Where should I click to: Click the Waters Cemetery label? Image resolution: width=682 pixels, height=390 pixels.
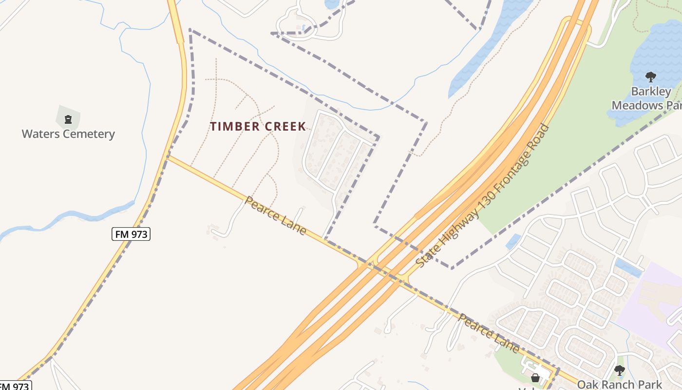[68, 134]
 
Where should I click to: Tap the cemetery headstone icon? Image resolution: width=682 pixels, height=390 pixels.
[68, 118]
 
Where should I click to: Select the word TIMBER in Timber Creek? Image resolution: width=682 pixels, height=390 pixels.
[234, 127]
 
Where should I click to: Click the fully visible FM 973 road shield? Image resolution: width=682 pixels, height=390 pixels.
[131, 234]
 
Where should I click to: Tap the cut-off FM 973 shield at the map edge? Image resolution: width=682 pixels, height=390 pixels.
[15, 386]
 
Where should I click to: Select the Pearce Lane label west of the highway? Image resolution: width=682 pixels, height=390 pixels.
[276, 215]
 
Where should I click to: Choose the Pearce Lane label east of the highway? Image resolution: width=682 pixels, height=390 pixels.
[489, 333]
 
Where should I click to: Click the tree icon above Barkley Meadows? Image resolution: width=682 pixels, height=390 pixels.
[650, 77]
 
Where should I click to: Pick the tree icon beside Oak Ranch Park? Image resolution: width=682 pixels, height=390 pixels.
[619, 370]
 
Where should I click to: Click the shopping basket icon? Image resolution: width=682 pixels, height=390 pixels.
[535, 378]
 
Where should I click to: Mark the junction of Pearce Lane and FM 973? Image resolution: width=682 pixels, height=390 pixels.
[168, 156]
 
